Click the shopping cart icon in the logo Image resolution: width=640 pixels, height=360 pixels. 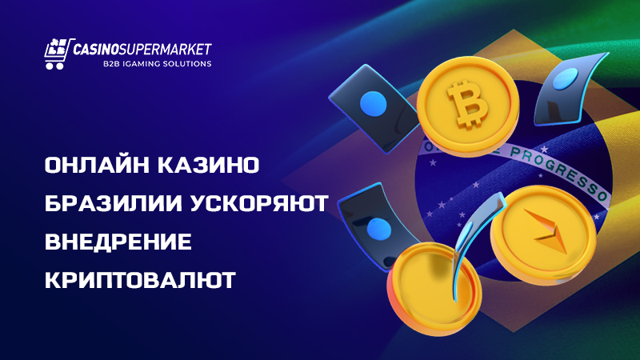pyautogui.click(x=56, y=53)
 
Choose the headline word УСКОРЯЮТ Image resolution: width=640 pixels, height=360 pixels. pyautogui.click(x=259, y=204)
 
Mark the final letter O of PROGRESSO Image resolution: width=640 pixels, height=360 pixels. pyautogui.click(x=602, y=194)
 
